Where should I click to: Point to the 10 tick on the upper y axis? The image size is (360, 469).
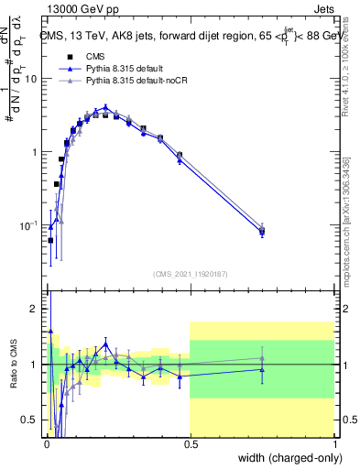pos(32,79)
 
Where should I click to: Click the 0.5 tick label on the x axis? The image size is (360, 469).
pos(190,442)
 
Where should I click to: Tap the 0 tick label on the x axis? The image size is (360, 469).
pos(46,442)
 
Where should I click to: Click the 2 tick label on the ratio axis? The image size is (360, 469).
pos(36,310)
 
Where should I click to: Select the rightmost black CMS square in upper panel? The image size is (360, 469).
pos(262,232)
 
